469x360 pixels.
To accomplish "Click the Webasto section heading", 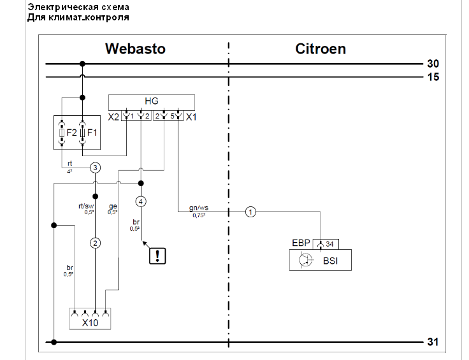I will point(135,49).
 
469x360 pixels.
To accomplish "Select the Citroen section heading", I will point(321,49).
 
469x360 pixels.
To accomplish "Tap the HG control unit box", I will point(151,102).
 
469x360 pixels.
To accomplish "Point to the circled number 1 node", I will point(251,212).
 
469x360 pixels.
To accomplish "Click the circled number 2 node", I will point(96,243).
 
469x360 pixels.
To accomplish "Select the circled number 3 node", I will point(96,168).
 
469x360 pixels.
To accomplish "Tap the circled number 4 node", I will point(141,201).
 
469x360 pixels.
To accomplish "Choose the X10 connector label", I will point(90,323).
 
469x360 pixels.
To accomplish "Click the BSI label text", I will point(330,260).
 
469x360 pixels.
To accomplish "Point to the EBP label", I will point(301,243).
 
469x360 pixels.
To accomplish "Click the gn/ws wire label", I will point(199,208).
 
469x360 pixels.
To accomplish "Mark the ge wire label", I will point(113,206).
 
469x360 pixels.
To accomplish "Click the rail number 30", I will point(433,64).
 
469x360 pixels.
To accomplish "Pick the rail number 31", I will point(433,342).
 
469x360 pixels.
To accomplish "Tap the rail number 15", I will point(433,77).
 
